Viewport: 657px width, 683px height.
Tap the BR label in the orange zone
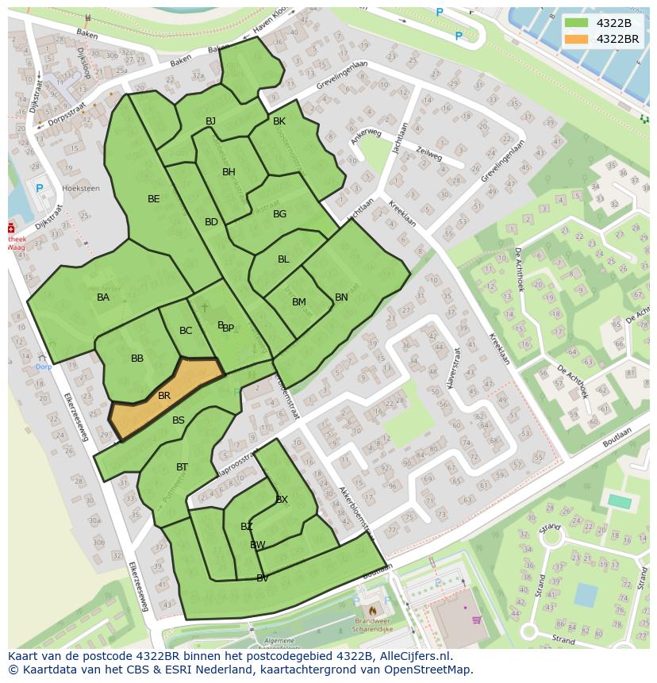(164, 396)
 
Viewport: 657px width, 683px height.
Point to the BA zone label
(103, 297)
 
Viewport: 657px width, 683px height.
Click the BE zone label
(154, 199)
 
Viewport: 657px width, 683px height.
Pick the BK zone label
(279, 121)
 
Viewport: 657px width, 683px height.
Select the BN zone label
(341, 297)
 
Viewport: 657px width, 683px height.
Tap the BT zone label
(182, 467)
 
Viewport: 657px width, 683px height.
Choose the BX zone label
(282, 499)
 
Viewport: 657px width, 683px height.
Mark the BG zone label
(279, 214)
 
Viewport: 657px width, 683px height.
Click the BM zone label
(298, 302)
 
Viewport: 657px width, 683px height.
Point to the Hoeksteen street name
(81, 189)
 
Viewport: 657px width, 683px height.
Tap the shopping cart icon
(477, 620)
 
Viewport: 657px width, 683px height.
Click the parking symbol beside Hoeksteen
(40, 188)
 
